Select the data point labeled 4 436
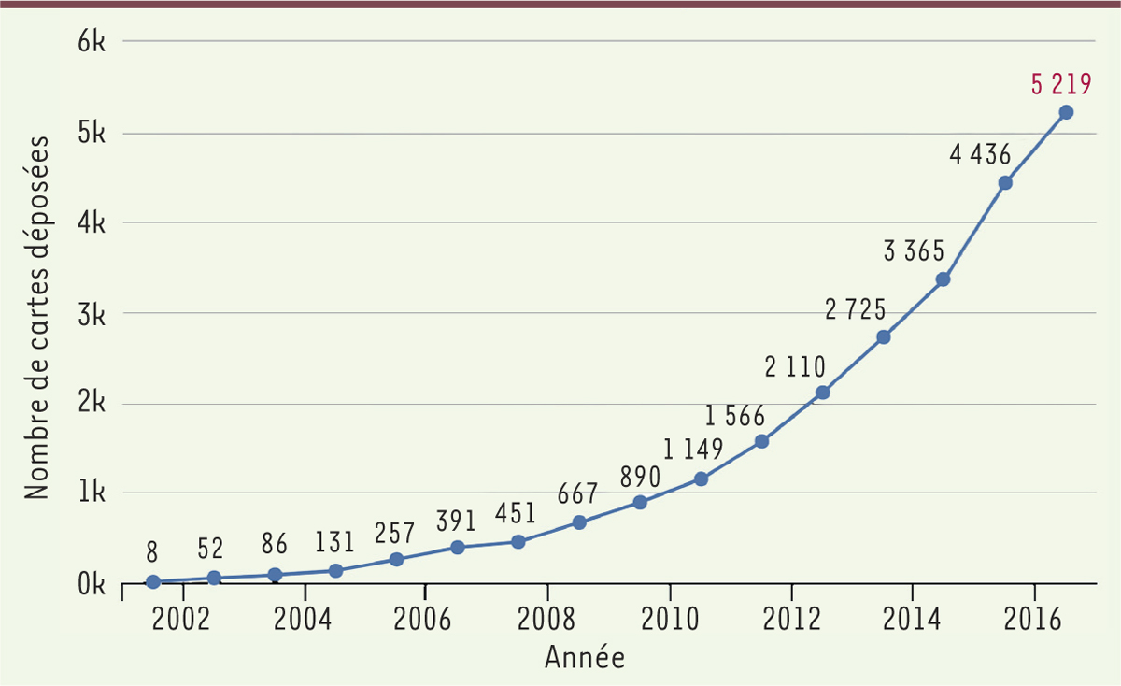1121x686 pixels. click(1005, 183)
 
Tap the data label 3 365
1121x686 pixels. click(914, 251)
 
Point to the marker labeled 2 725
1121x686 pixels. click(884, 336)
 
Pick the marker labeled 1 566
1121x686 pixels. click(761, 441)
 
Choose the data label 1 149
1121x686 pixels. click(693, 450)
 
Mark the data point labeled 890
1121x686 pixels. click(640, 502)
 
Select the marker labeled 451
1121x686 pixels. click(518, 542)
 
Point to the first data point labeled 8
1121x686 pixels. click(153, 581)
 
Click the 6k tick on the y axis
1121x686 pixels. click(91, 42)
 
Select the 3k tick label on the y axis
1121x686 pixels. click(91, 313)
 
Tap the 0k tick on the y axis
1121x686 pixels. click(91, 585)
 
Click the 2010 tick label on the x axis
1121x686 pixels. click(669, 621)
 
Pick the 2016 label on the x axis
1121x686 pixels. click(1034, 621)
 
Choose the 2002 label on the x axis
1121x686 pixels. click(182, 621)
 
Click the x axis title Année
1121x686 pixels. click(585, 657)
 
